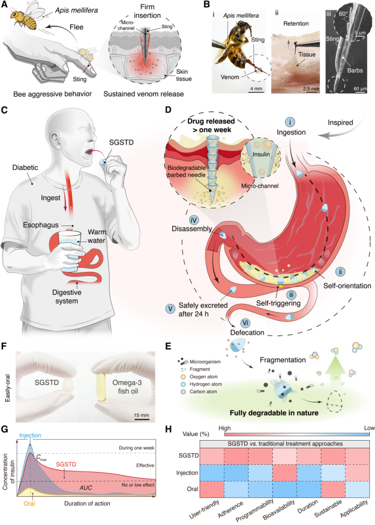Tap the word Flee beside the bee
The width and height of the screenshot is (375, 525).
[76, 27]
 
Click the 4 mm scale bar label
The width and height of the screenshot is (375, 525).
[256, 89]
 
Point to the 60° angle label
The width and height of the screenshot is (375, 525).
[343, 14]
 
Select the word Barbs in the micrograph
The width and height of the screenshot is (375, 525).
[355, 70]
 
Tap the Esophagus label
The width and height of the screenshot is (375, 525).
[41, 225]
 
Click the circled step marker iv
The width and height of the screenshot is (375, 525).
[194, 220]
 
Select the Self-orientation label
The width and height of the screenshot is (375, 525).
[347, 286]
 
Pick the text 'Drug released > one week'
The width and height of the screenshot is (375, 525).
[211, 125]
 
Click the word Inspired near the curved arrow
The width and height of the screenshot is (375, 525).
[340, 123]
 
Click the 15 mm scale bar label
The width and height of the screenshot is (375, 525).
[141, 415]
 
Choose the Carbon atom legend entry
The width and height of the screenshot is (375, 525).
[203, 391]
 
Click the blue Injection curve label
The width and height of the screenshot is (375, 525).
[30, 435]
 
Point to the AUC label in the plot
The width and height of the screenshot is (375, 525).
[86, 488]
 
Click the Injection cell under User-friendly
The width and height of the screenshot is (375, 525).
[212, 473]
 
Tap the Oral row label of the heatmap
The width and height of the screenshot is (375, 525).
[192, 489]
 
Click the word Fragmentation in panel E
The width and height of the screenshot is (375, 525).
[283, 360]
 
